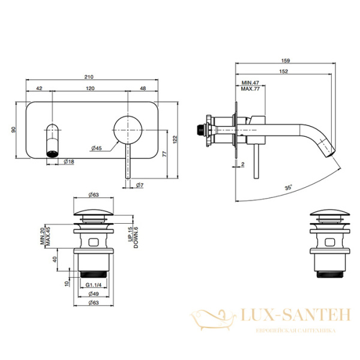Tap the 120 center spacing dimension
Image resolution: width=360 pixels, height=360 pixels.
(91, 88)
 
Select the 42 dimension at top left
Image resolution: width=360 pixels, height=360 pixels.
(40, 88)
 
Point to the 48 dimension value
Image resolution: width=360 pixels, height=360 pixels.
(143, 88)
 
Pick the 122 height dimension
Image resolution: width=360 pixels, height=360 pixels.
(175, 139)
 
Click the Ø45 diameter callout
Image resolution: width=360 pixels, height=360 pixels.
(95, 148)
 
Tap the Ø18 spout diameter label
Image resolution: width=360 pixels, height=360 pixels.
(68, 162)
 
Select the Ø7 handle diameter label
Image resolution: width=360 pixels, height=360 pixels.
(139, 185)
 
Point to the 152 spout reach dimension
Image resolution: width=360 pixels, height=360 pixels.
(284, 71)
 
